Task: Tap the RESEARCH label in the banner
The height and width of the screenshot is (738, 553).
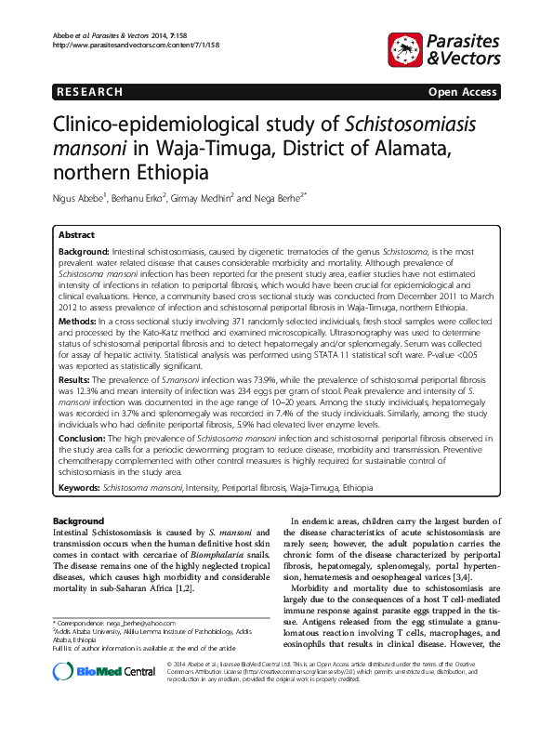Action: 89,92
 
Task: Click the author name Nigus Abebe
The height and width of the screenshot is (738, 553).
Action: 78,198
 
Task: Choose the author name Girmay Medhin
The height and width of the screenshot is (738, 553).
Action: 204,198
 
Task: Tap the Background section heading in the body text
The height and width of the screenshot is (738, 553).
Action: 78,521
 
